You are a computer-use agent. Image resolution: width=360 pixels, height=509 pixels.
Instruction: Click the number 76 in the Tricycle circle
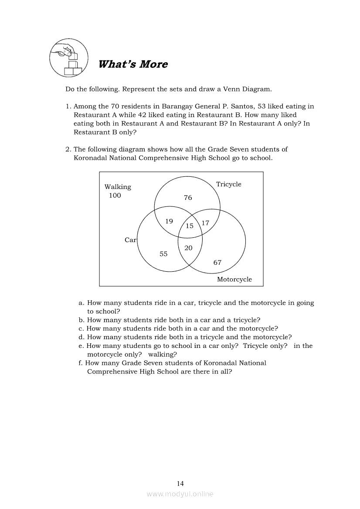coord(188,198)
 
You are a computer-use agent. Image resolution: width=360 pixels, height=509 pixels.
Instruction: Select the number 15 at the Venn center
coord(190,226)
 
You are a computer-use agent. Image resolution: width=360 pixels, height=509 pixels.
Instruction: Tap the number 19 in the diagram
coord(169,221)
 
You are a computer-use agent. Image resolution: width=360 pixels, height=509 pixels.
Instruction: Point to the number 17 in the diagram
coord(205,223)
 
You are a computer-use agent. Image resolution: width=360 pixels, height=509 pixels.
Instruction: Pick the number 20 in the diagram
coord(188,248)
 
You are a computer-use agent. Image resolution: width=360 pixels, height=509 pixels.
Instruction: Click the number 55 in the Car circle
coord(163,254)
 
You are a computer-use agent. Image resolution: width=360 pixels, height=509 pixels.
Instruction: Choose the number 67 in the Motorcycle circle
coord(217,262)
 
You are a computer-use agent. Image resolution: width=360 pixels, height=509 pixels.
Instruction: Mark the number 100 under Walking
coord(115,196)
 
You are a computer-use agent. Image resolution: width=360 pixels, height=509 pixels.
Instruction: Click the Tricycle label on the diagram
coord(229,184)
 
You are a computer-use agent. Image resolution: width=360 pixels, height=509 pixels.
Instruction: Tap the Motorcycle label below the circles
coord(234,280)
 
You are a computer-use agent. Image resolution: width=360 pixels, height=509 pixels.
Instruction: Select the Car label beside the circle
coord(130,240)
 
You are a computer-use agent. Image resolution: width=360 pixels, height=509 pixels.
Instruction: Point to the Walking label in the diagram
coord(118,187)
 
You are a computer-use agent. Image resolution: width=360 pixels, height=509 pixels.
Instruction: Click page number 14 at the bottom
coord(180,483)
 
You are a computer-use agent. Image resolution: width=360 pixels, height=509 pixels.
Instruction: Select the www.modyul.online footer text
coord(180,494)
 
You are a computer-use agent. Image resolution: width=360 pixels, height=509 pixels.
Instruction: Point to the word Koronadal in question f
coord(218,363)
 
